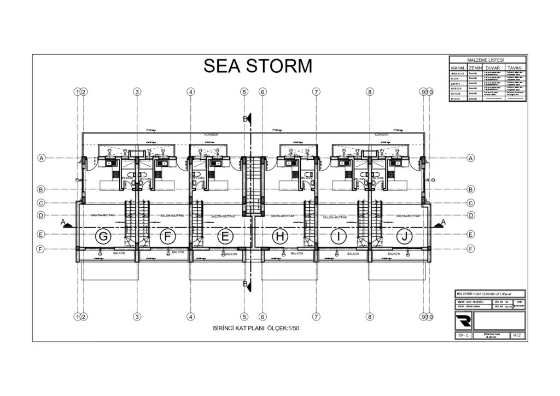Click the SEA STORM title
coord(258,66)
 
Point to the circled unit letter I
coord(339,236)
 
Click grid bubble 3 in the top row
coord(137,92)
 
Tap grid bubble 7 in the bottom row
coord(316,316)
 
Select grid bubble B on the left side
coord(40,189)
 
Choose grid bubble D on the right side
coord(471,216)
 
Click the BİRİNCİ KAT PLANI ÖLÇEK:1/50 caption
coord(256,328)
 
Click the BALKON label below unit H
coord(297,253)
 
